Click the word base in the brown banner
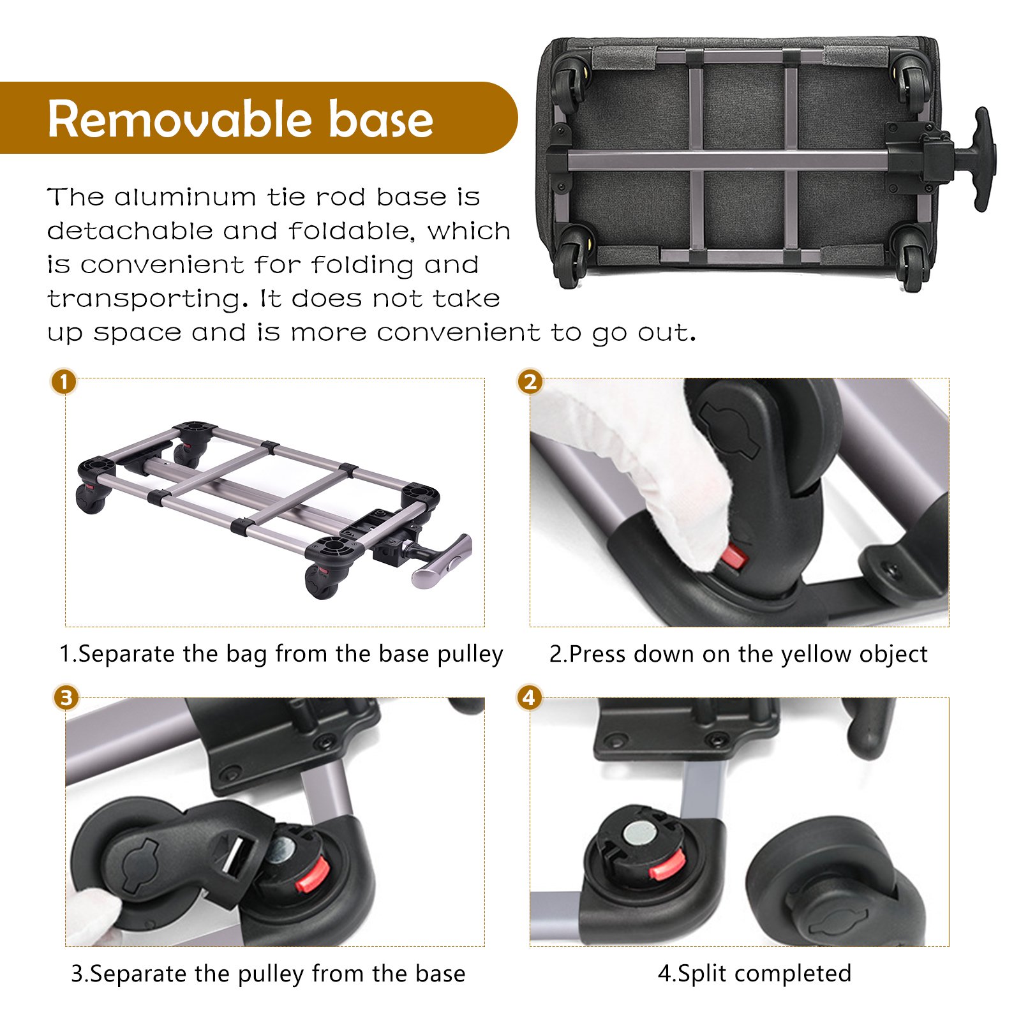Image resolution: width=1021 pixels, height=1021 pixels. click(x=381, y=119)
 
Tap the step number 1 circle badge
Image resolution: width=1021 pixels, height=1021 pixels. click(x=64, y=382)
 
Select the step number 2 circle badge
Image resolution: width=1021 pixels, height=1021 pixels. click(x=530, y=382)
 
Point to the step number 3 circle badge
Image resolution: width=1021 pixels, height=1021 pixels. click(x=66, y=697)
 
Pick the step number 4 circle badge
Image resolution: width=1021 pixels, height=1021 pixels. click(x=529, y=697)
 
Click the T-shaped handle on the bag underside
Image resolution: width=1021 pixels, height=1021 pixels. click(x=976, y=160)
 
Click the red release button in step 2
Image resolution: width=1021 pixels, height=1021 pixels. click(x=734, y=558)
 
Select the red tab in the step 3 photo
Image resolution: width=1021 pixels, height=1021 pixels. click(x=313, y=874)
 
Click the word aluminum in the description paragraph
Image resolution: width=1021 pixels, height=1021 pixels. click(x=185, y=197)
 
